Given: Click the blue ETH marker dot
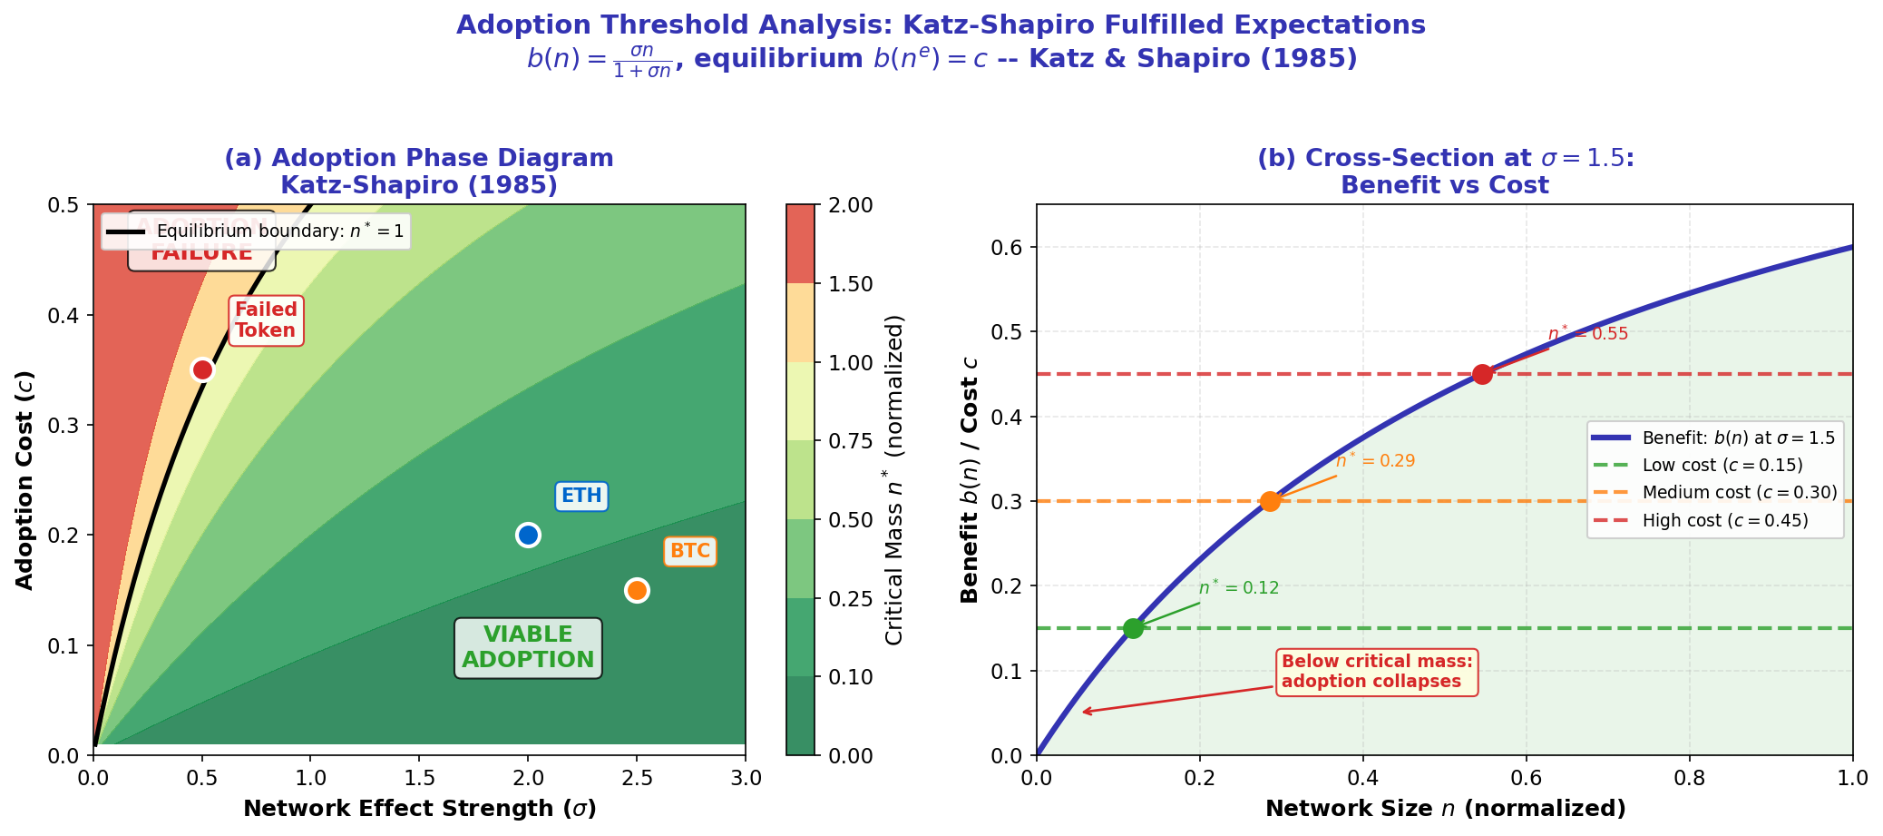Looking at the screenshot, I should click(528, 535).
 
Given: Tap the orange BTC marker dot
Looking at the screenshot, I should click(637, 590).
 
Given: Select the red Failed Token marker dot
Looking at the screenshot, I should click(202, 369).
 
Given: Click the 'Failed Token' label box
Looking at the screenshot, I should click(266, 320).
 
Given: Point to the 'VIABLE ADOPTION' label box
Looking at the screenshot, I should click(528, 647).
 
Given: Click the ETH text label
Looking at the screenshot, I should click(581, 496).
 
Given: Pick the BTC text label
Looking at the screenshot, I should click(690, 551).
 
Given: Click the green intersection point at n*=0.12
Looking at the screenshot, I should click(1133, 628).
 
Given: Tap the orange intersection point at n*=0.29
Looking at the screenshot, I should click(1270, 501).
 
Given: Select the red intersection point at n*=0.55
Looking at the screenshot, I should click(1482, 374).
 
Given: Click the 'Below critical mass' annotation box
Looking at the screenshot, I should click(1377, 672).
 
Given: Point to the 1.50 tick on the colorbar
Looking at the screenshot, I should click(851, 284).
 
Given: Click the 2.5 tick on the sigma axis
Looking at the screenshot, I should click(637, 778).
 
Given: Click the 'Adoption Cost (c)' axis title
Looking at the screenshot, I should click(25, 479).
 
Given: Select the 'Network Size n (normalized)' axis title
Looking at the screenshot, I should click(1445, 809).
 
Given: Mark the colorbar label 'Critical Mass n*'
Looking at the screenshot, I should click(894, 479).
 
